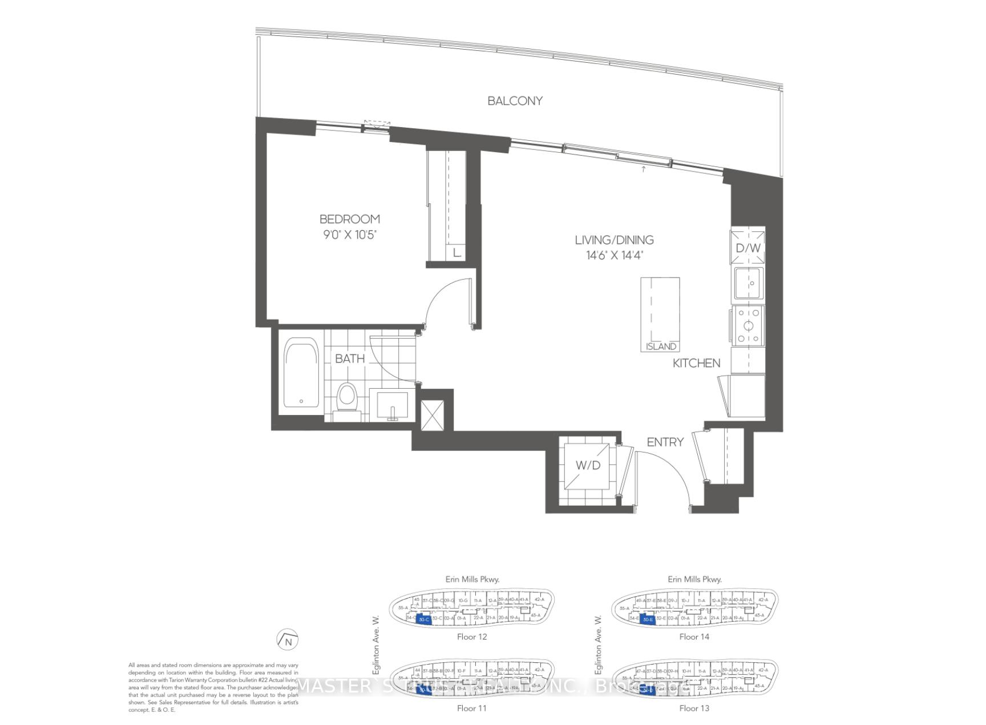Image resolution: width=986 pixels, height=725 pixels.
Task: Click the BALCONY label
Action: tap(515, 101)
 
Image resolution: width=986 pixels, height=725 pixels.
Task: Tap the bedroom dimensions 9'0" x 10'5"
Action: tap(349, 234)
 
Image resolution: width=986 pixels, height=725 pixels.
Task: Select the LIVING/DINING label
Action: tap(614, 240)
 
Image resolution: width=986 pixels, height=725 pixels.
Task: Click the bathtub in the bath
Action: tap(301, 372)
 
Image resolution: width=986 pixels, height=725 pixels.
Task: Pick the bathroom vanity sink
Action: tap(392, 405)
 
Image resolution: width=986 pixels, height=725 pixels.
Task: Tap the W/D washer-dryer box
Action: tap(588, 465)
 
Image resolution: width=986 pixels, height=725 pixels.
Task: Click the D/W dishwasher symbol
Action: tap(747, 247)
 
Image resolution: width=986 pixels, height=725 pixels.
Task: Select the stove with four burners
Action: tap(748, 326)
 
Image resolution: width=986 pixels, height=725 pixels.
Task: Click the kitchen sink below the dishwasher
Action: tap(749, 283)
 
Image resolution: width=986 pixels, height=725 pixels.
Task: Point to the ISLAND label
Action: tap(661, 347)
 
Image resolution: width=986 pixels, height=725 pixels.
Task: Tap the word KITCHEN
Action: tap(696, 363)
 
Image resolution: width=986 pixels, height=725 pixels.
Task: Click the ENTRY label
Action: tap(665, 442)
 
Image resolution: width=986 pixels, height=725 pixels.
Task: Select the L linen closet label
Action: tap(456, 252)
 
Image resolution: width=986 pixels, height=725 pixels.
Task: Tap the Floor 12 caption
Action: tap(472, 637)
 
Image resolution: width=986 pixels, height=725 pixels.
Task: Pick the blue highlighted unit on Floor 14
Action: tap(646, 620)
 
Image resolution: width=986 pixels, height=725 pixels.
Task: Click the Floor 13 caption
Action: tap(694, 708)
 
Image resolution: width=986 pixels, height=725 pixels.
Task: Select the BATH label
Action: tap(349, 359)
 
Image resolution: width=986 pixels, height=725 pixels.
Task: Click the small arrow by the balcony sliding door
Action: tap(644, 169)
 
